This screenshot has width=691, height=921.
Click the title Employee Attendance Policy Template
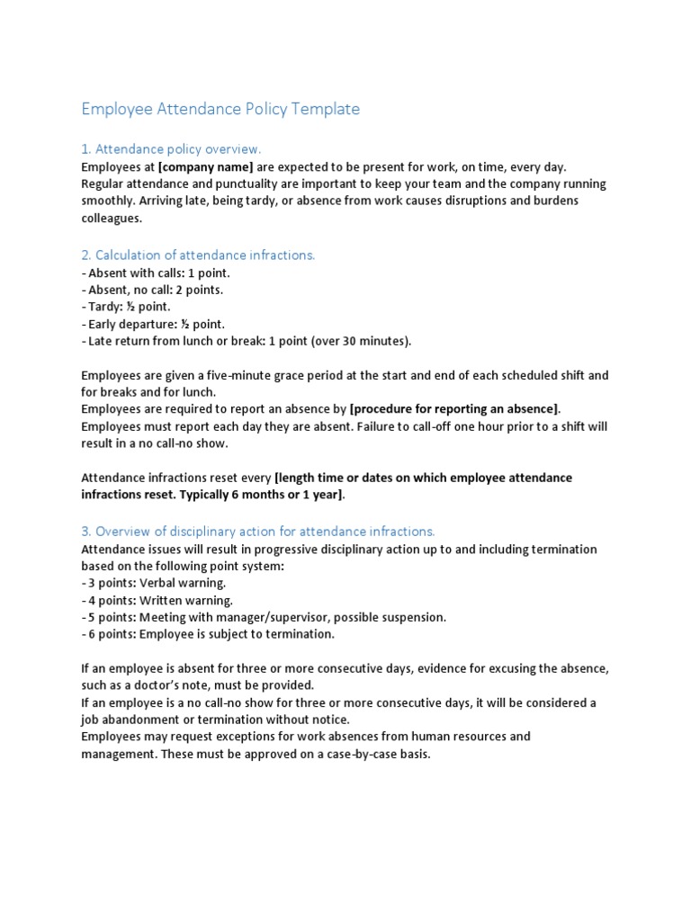[220, 109]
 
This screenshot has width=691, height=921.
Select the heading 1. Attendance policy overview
[171, 148]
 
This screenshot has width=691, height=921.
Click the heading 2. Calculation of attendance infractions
[198, 255]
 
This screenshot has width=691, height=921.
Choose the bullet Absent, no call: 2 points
[152, 290]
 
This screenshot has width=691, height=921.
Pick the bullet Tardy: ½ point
[125, 307]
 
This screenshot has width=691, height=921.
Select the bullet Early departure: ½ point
[152, 324]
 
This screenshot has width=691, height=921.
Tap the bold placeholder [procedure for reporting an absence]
[454, 409]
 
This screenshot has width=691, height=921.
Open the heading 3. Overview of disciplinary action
[257, 531]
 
